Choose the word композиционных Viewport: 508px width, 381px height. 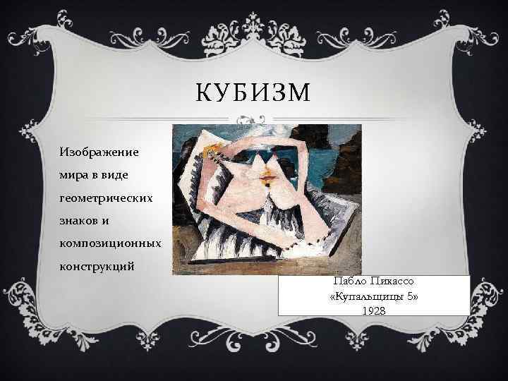(109, 243)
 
